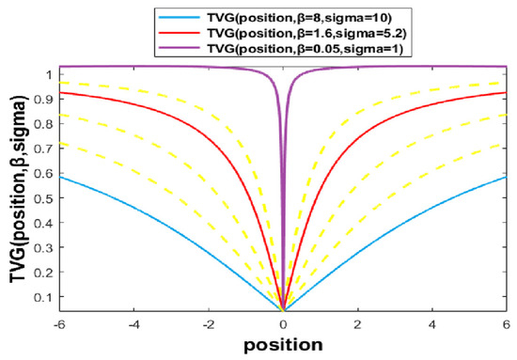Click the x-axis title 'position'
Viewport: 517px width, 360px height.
[283, 345]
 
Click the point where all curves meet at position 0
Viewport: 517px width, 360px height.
[283, 308]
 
